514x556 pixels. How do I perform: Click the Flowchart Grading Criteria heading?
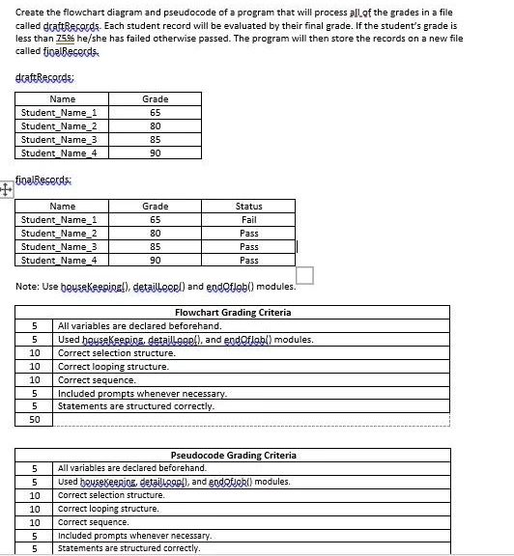[x=232, y=313]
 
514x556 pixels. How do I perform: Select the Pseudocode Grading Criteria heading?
[x=233, y=455]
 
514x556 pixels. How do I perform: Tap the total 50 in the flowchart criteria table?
[x=35, y=420]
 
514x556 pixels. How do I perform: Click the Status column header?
[x=248, y=207]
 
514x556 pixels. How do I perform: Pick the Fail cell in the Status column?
[x=248, y=220]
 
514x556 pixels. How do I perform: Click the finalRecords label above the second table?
[x=43, y=180]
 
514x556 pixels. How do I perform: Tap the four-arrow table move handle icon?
[x=7, y=190]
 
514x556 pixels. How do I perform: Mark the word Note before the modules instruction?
[x=29, y=287]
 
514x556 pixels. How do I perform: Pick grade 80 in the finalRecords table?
[x=155, y=234]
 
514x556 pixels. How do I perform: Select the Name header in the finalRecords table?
[x=62, y=207]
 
